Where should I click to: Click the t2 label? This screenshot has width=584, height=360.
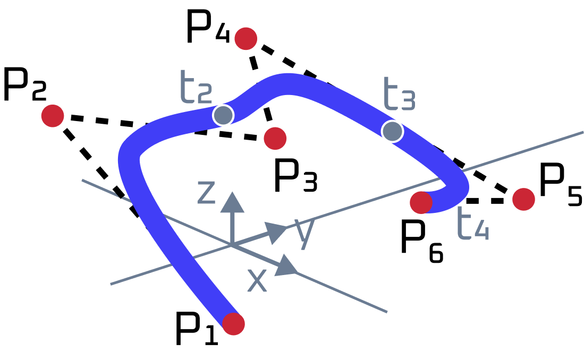point(196,88)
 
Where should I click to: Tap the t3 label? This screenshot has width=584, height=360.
point(399,95)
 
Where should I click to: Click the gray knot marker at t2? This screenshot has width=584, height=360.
point(223,115)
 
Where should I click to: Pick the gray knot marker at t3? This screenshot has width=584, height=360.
point(392,131)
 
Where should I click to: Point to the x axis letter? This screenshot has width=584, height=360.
point(257,280)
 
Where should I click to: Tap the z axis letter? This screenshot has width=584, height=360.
point(206,192)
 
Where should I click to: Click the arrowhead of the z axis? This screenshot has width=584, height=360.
point(232,202)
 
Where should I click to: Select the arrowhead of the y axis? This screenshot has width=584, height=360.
point(275,232)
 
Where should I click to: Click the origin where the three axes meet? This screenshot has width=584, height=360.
point(232,245)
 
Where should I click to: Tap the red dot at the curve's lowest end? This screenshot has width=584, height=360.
point(233,324)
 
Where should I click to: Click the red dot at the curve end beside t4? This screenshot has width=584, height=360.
point(421,202)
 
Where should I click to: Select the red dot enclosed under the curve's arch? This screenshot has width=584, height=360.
point(275,139)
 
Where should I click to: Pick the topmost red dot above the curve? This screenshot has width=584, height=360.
point(246,39)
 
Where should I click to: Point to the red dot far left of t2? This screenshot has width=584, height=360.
point(53,116)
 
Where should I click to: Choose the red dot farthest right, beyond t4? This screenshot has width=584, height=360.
point(523,199)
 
